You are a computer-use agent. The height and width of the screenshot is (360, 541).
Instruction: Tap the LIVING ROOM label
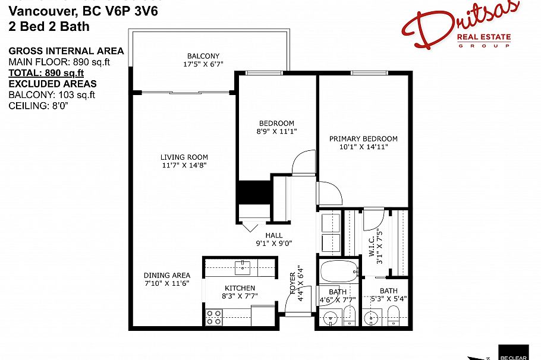click(184, 157)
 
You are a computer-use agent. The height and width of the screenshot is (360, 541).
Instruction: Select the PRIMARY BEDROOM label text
click(363, 139)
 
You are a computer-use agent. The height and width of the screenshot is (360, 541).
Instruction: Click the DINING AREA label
click(166, 276)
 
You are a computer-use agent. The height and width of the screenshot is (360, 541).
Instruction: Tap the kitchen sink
click(243, 267)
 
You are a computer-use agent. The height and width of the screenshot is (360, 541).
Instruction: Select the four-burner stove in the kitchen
click(214, 317)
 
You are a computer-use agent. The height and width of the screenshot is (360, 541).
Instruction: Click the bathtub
click(339, 273)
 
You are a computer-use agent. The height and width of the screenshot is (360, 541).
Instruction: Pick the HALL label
click(274, 235)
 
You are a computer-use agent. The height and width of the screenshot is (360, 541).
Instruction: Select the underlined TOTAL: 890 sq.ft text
click(46, 73)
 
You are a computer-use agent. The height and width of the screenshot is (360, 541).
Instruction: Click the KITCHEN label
click(240, 288)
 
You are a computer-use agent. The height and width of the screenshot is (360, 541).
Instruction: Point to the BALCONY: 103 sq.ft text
click(52, 94)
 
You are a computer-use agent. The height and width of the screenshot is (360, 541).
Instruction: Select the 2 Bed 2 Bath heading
click(49, 26)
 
